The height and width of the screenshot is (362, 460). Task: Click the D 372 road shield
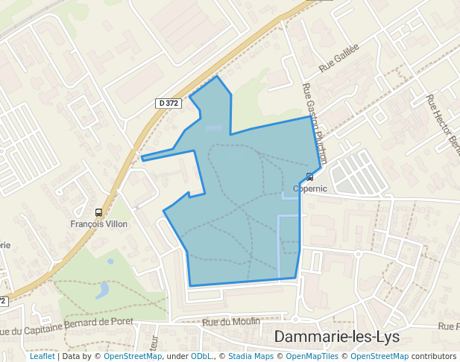click(x=168, y=104)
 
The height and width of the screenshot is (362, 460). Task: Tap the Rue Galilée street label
click(x=339, y=58)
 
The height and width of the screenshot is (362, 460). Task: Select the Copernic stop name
click(x=309, y=188)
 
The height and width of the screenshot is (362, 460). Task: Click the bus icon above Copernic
click(x=309, y=177)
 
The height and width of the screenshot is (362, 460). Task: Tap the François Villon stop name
click(x=98, y=223)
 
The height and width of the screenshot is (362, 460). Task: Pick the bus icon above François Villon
click(x=98, y=212)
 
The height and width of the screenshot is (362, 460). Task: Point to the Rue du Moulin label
click(x=231, y=322)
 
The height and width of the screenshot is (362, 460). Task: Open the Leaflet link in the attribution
click(x=42, y=357)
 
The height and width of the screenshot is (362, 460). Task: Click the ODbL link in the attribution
click(x=201, y=357)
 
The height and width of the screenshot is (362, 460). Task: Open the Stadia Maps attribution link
click(x=251, y=357)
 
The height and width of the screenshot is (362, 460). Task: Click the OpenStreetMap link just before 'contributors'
click(x=379, y=357)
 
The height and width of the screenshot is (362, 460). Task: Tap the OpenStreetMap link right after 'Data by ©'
click(x=133, y=357)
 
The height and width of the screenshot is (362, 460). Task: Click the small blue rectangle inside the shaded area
click(x=213, y=128)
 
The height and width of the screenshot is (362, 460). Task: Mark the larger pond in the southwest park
click(x=102, y=290)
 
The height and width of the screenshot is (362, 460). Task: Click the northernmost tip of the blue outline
click(x=217, y=76)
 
